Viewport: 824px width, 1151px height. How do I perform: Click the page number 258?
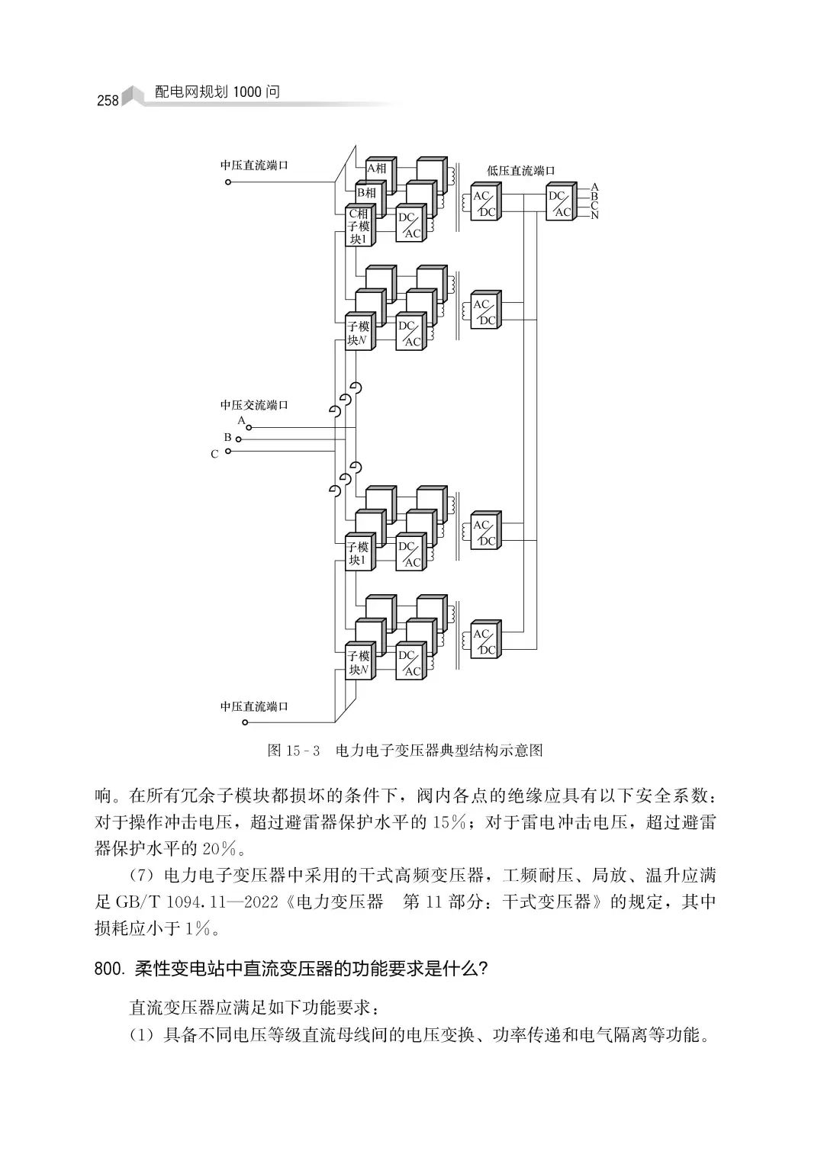[108, 101]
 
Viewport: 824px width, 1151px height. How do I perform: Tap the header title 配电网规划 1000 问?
[217, 92]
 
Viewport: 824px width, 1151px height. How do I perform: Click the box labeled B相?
[367, 193]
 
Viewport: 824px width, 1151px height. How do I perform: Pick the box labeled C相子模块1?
[358, 227]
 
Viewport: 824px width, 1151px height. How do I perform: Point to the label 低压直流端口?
[521, 171]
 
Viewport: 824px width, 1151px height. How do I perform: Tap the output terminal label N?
[595, 216]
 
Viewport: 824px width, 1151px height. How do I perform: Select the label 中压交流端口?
[254, 405]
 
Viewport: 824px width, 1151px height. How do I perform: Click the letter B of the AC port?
[227, 438]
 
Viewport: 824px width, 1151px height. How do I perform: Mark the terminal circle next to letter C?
[228, 452]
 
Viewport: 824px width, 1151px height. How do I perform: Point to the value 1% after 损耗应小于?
[197, 928]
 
